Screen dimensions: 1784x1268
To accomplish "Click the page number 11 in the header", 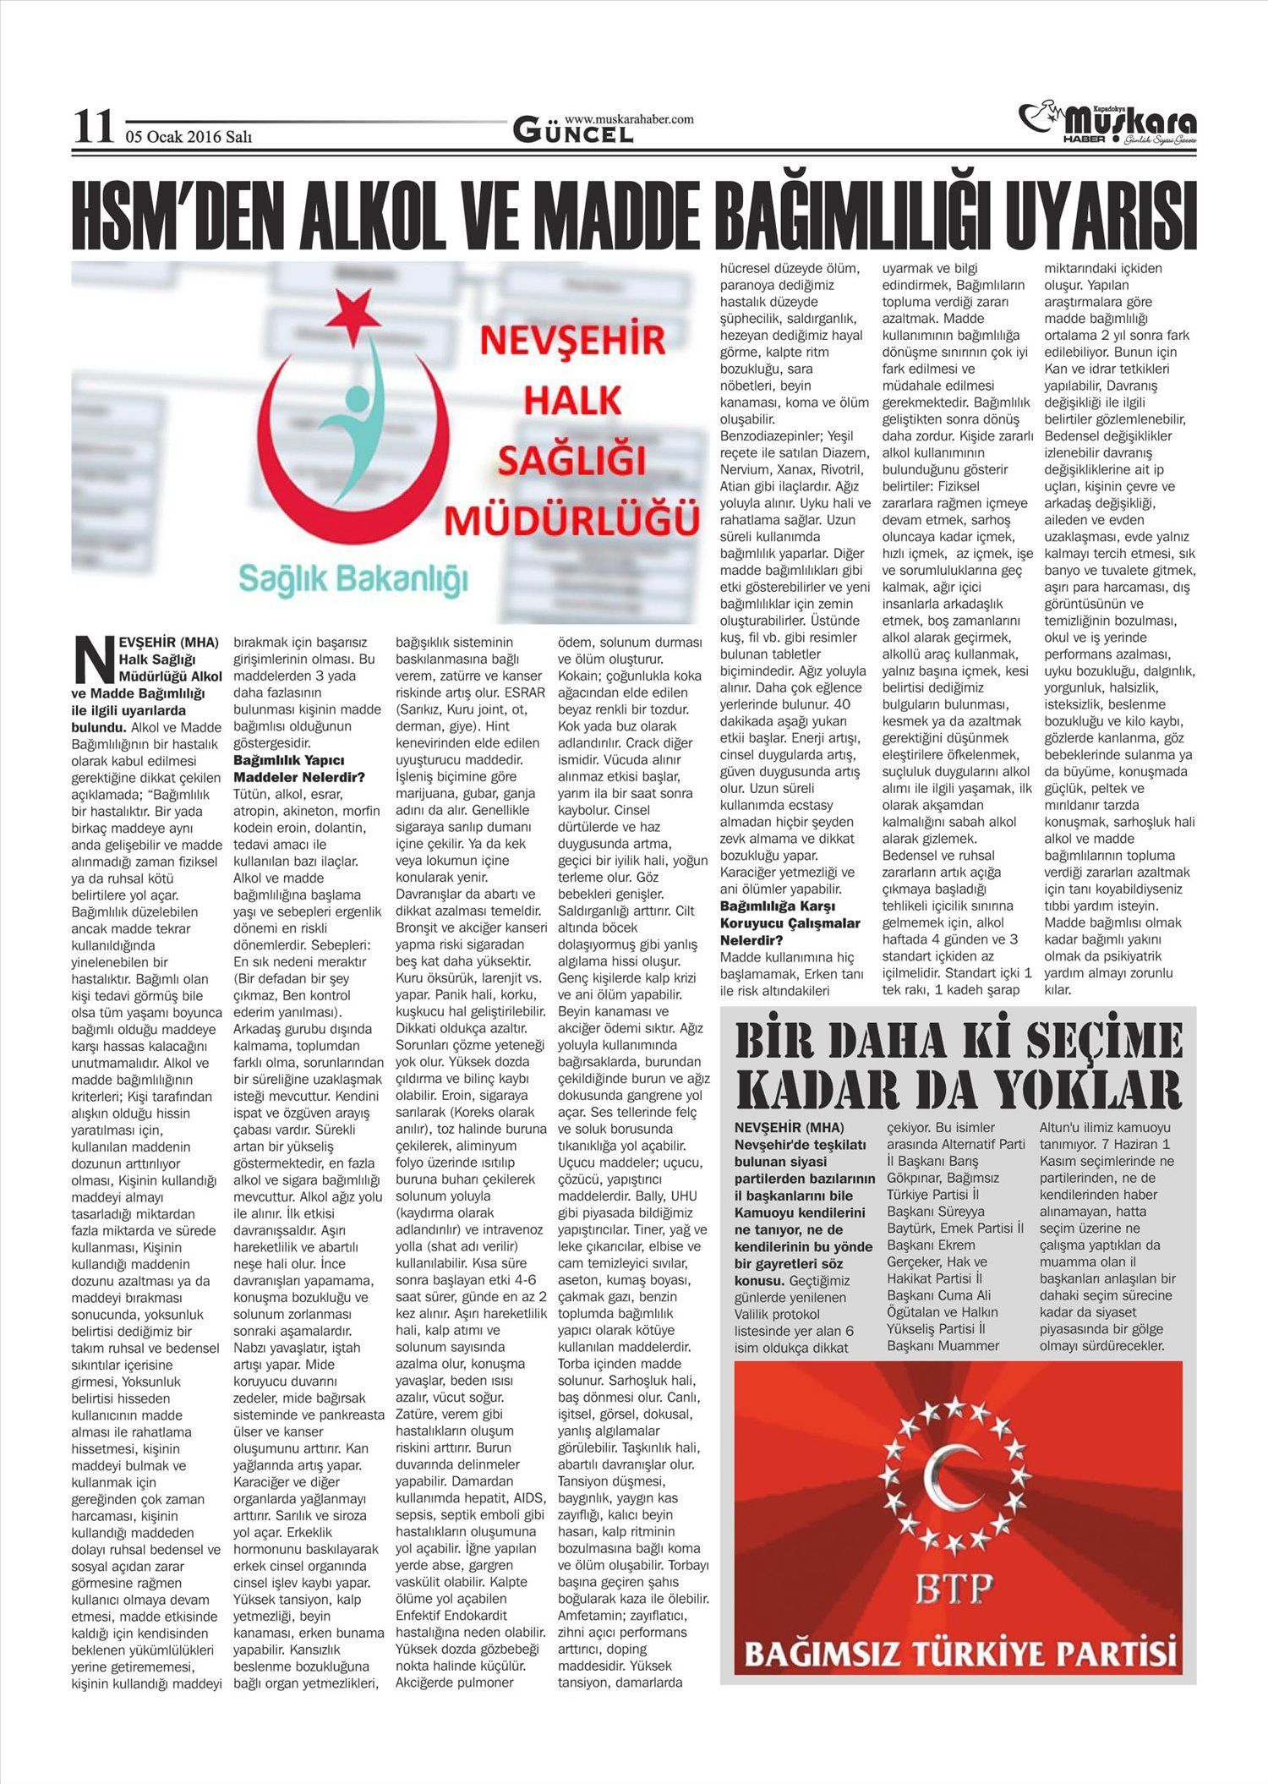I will click(x=92, y=127).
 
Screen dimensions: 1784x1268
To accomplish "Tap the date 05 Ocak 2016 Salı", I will click(x=189, y=137).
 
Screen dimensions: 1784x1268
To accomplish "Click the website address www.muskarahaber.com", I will click(x=629, y=119).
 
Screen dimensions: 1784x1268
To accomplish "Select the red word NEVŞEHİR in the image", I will click(x=572, y=343).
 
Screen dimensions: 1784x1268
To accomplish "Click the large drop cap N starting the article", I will click(x=92, y=659).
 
